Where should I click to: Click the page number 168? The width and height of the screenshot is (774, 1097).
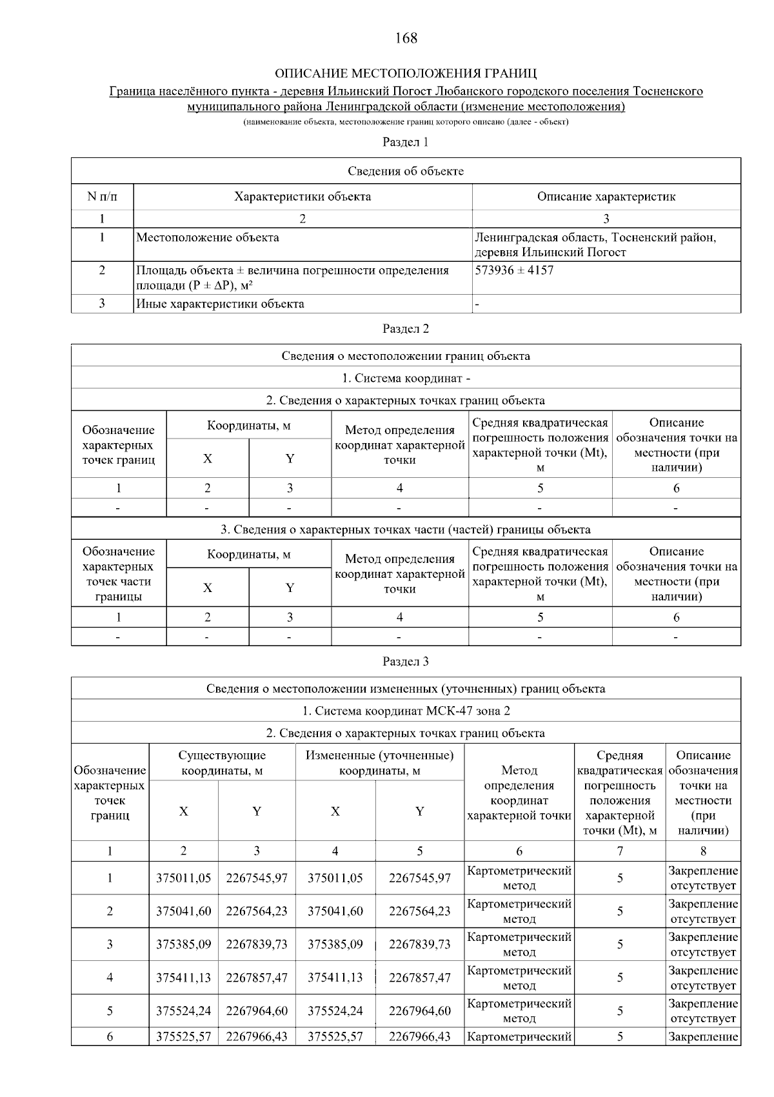406,38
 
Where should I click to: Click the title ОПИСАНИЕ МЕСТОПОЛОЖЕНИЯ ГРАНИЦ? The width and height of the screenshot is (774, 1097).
406,73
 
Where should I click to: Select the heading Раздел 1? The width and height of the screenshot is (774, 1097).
406,142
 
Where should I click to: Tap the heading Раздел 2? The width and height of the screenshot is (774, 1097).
406,329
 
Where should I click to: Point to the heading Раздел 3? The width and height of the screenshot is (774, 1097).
406,662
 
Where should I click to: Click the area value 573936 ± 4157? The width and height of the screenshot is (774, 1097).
514,270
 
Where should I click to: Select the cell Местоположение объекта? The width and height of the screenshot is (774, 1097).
208,238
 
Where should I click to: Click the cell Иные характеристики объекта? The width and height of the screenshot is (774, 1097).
220,304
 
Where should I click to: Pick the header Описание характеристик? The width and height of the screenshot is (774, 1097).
606,197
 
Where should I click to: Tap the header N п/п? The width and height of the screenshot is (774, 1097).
102,197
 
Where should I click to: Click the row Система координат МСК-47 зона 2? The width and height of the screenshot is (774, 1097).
406,711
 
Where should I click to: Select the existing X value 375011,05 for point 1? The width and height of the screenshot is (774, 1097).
184,878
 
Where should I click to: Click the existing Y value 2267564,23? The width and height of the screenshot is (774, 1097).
257,911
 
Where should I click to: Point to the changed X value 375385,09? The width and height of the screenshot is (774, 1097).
335,944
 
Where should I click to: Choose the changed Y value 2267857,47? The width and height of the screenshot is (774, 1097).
420,978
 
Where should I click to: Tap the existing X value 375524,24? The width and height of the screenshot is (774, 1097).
184,1011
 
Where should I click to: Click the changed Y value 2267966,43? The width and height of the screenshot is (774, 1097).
420,1037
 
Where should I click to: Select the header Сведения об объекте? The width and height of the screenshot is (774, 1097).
406,171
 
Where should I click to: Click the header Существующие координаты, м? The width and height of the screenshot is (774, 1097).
222,763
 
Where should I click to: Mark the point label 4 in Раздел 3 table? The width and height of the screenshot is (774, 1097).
110,978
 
